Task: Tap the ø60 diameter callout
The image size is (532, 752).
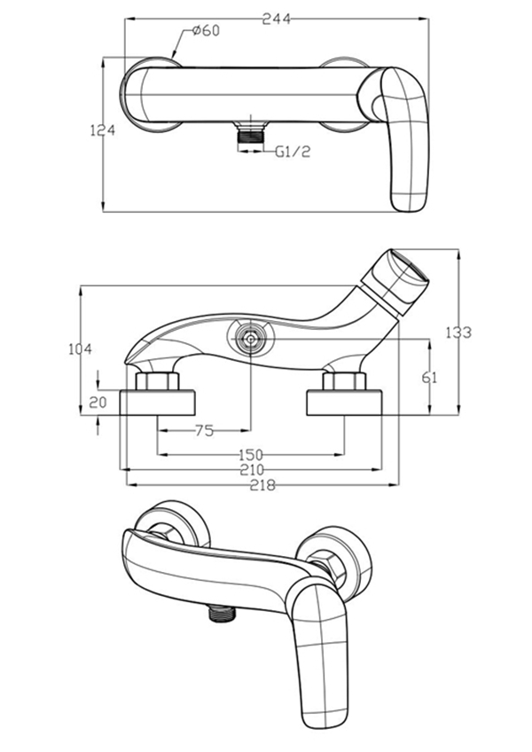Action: pyautogui.click(x=206, y=32)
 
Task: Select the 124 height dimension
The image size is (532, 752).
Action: pyautogui.click(x=104, y=130)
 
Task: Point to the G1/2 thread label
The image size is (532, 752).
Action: pyautogui.click(x=290, y=152)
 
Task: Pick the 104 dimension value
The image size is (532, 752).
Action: pyautogui.click(x=80, y=349)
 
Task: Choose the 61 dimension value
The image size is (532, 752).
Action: pyautogui.click(x=430, y=377)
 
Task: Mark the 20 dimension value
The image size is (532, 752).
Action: pyautogui.click(x=98, y=402)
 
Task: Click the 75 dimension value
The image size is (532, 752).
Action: pyautogui.click(x=204, y=431)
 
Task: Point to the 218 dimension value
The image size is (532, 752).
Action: pyautogui.click(x=262, y=484)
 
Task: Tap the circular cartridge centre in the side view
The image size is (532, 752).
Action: pyautogui.click(x=252, y=338)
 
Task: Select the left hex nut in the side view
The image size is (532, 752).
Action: pyautogui.click(x=158, y=383)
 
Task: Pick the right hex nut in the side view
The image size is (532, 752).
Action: pyautogui.click(x=344, y=383)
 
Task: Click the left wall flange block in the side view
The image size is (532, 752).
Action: pyautogui.click(x=158, y=403)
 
